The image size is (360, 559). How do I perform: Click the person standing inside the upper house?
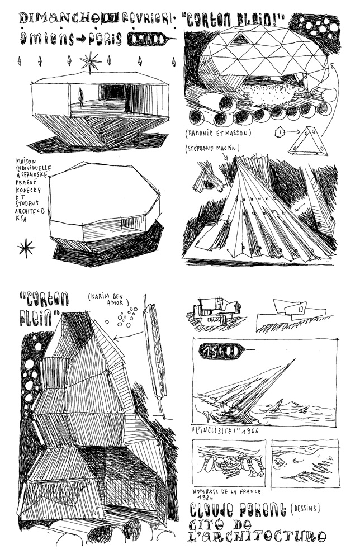coord(81,98)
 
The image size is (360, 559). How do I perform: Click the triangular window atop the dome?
coord(240,38)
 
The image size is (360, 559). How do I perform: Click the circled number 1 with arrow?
coord(280,132)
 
